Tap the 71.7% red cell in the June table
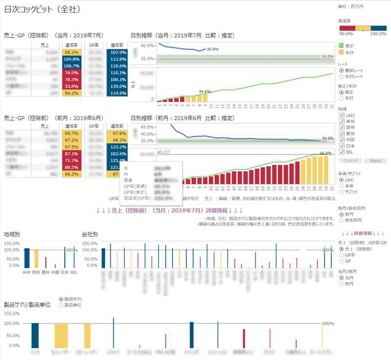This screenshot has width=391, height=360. pyautogui.click(x=71, y=160)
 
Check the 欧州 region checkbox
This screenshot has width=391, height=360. pyautogui.click(x=342, y=127)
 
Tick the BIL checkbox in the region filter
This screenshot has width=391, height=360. pyautogui.click(x=342, y=152)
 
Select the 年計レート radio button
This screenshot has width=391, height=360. pyautogui.click(x=341, y=76)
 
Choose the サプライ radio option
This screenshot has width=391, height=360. pyautogui.click(x=341, y=192)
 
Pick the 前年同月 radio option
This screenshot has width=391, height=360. pyautogui.click(x=341, y=221)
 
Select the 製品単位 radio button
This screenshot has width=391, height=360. pyautogui.click(x=61, y=305)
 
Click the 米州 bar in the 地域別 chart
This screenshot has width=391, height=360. pyautogui.click(x=27, y=258)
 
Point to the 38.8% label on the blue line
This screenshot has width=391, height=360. pyautogui.click(x=212, y=49)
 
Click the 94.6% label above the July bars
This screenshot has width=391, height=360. pyautogui.click(x=204, y=91)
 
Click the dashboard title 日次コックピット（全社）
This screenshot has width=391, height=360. pyautogui.click(x=42, y=9)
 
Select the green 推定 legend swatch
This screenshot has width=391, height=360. pyautogui.click(x=341, y=45)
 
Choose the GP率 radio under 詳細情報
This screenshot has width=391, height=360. pyautogui.click(x=341, y=255)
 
